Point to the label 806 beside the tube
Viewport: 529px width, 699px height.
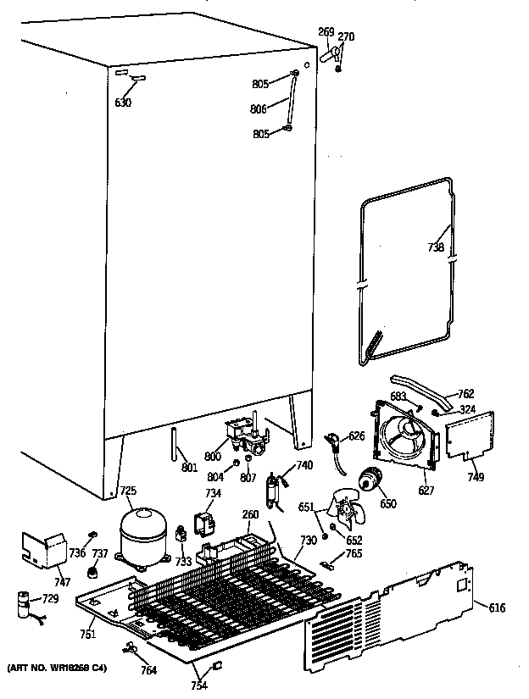coord(259,108)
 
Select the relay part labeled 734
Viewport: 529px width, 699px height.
coord(204,524)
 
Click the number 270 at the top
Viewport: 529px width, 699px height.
coord(346,36)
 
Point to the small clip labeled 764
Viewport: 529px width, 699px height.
coord(131,649)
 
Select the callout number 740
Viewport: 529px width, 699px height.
coord(304,464)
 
